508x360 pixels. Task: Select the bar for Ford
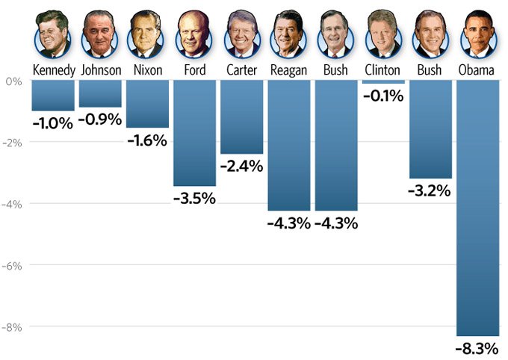click(194, 133)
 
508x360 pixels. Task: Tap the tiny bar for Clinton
click(383, 81)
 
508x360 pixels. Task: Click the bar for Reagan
click(288, 145)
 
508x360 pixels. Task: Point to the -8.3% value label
click(477, 348)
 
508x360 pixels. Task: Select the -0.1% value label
click(383, 96)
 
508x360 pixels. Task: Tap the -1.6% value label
click(147, 140)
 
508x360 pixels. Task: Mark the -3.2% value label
click(430, 190)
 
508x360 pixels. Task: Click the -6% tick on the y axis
click(13, 265)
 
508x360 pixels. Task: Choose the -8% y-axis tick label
click(13, 327)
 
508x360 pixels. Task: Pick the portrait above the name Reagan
click(288, 34)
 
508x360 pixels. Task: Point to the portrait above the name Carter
click(241, 34)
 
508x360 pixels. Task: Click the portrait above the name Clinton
click(383, 34)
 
